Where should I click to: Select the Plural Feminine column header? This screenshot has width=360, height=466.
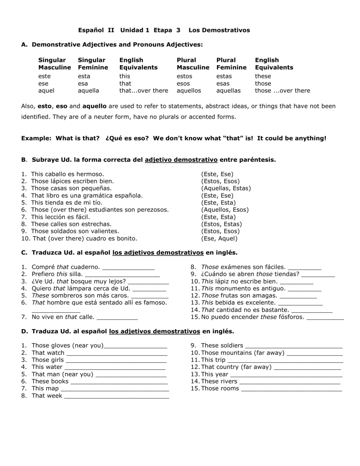pyautogui.click(x=231, y=64)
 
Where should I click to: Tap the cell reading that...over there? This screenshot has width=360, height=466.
pyautogui.click(x=143, y=90)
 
